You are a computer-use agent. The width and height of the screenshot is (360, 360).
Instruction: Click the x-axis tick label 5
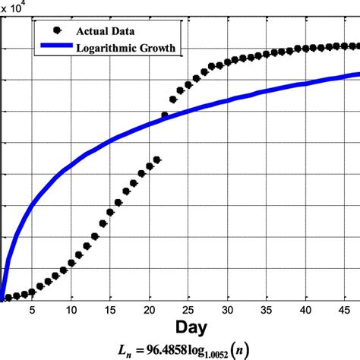(x=32, y=309)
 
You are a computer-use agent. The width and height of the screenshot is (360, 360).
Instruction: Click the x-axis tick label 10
(x=71, y=309)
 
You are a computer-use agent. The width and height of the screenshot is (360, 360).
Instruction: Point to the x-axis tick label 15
(x=110, y=309)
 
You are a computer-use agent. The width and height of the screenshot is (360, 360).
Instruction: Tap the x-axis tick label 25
(x=188, y=309)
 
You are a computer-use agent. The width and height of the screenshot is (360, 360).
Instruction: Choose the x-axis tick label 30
(x=228, y=309)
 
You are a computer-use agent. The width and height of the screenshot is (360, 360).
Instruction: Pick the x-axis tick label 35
(x=267, y=309)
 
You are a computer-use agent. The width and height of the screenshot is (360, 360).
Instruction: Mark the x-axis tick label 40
(x=305, y=309)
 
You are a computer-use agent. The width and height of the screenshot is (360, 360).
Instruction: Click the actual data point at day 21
(x=157, y=159)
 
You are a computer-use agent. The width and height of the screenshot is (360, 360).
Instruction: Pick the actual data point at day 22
(x=165, y=115)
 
